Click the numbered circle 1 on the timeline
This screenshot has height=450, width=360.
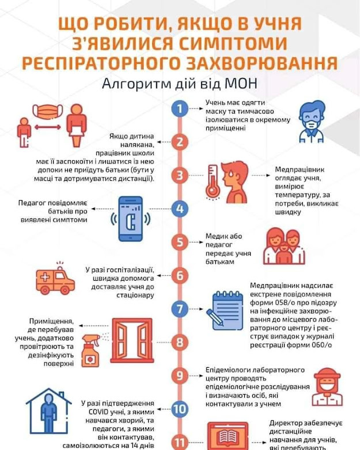coord(180,108)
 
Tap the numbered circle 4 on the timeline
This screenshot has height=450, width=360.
coord(180,209)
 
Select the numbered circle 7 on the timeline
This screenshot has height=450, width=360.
coord(180,308)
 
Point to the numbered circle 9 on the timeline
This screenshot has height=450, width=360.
coord(180,376)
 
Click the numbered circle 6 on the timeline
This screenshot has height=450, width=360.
coord(180,275)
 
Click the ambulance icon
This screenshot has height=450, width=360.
coord(55,281)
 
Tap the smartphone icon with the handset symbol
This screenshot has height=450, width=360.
coord(130,219)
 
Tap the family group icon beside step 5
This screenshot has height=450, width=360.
coord(284,247)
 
